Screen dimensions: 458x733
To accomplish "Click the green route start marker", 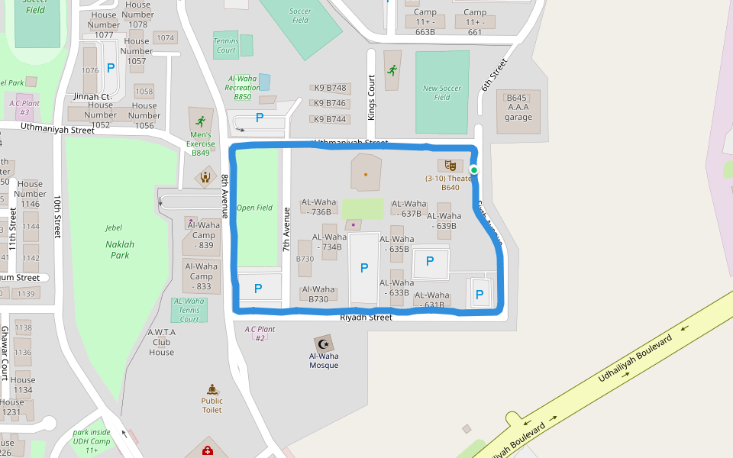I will tap(473, 169).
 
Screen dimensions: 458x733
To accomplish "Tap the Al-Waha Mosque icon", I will tap(324, 343).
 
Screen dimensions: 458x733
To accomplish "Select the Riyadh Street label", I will tap(366, 317).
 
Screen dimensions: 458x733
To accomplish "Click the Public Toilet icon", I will tap(212, 389).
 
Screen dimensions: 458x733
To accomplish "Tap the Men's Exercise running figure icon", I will tap(200, 121).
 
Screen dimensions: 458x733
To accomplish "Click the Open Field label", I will tap(254, 208).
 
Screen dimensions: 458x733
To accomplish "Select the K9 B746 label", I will tap(330, 103).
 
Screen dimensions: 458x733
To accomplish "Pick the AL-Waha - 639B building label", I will tap(444, 221).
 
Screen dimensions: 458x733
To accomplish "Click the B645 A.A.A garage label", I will tap(518, 107).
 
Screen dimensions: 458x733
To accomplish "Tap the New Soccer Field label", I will tap(442, 92).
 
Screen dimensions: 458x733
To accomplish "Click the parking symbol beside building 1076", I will tap(111, 68).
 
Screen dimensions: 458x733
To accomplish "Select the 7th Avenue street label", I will tap(287, 230).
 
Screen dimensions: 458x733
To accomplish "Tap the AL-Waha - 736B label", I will tap(317, 207).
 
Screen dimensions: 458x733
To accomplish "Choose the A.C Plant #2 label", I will tap(260, 334).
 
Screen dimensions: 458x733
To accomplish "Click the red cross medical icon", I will tap(207, 451).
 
